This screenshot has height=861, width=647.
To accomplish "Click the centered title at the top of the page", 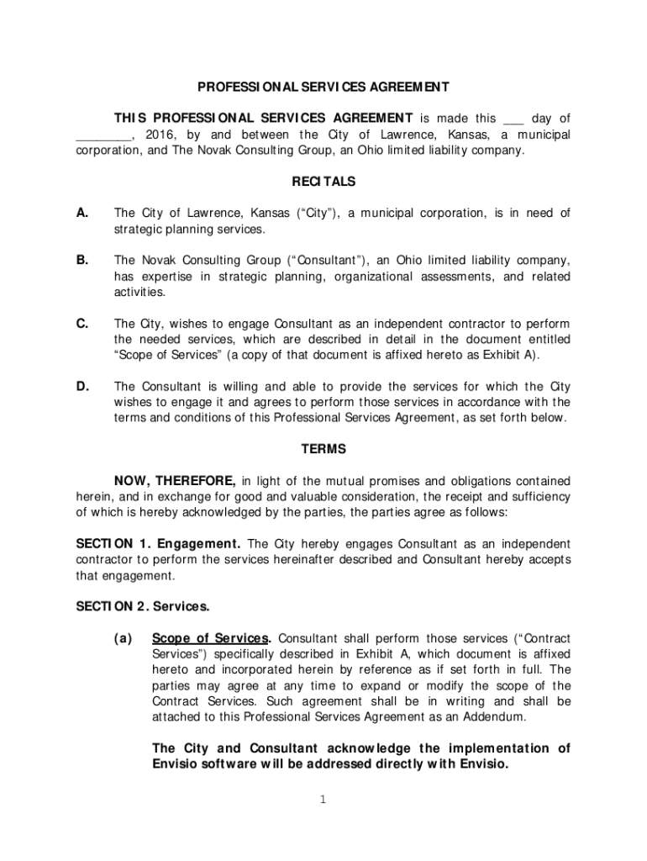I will point(323,87).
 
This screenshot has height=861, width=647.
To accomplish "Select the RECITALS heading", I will point(323,182).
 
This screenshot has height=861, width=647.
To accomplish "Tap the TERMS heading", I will point(323,449).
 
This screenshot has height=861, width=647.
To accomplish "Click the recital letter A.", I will point(82,213).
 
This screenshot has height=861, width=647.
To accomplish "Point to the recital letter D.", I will point(83,386).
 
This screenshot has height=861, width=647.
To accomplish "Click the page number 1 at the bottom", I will point(323,799).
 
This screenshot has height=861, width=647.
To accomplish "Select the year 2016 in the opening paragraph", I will point(160,135).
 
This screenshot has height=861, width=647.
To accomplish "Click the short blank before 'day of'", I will point(513,119).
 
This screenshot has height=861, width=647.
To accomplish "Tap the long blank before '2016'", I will point(103,135).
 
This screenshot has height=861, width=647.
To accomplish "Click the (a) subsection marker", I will point(124,637).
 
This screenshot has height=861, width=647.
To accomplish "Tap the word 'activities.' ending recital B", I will point(139,293).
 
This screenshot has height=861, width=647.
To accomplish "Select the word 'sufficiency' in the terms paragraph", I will point(539,496).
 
